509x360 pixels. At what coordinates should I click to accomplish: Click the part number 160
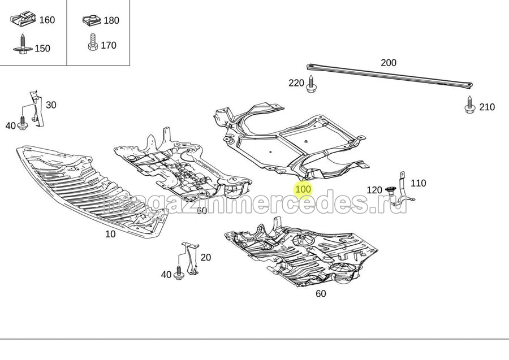(x=47, y=20)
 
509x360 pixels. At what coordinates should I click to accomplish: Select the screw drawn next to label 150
(x=23, y=45)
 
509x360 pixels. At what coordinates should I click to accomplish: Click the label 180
(x=111, y=20)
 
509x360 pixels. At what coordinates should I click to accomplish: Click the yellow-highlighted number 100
(x=303, y=189)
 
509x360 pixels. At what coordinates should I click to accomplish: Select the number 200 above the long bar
(x=389, y=63)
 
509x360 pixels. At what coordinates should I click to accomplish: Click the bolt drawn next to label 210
(x=469, y=105)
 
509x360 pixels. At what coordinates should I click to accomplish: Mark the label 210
(x=487, y=107)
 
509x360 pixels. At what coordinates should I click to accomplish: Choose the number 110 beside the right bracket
(x=419, y=183)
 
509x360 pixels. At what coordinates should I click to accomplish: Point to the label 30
(x=51, y=105)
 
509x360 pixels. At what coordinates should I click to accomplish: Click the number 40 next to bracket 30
(x=11, y=125)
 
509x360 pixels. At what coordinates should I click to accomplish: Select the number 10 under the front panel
(x=110, y=234)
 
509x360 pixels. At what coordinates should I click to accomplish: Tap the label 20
(x=206, y=257)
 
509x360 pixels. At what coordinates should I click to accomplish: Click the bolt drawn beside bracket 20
(x=179, y=272)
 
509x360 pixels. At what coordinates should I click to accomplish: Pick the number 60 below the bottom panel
(x=321, y=294)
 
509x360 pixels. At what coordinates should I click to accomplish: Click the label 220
(x=296, y=83)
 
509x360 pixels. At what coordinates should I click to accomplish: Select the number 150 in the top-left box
(x=42, y=49)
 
